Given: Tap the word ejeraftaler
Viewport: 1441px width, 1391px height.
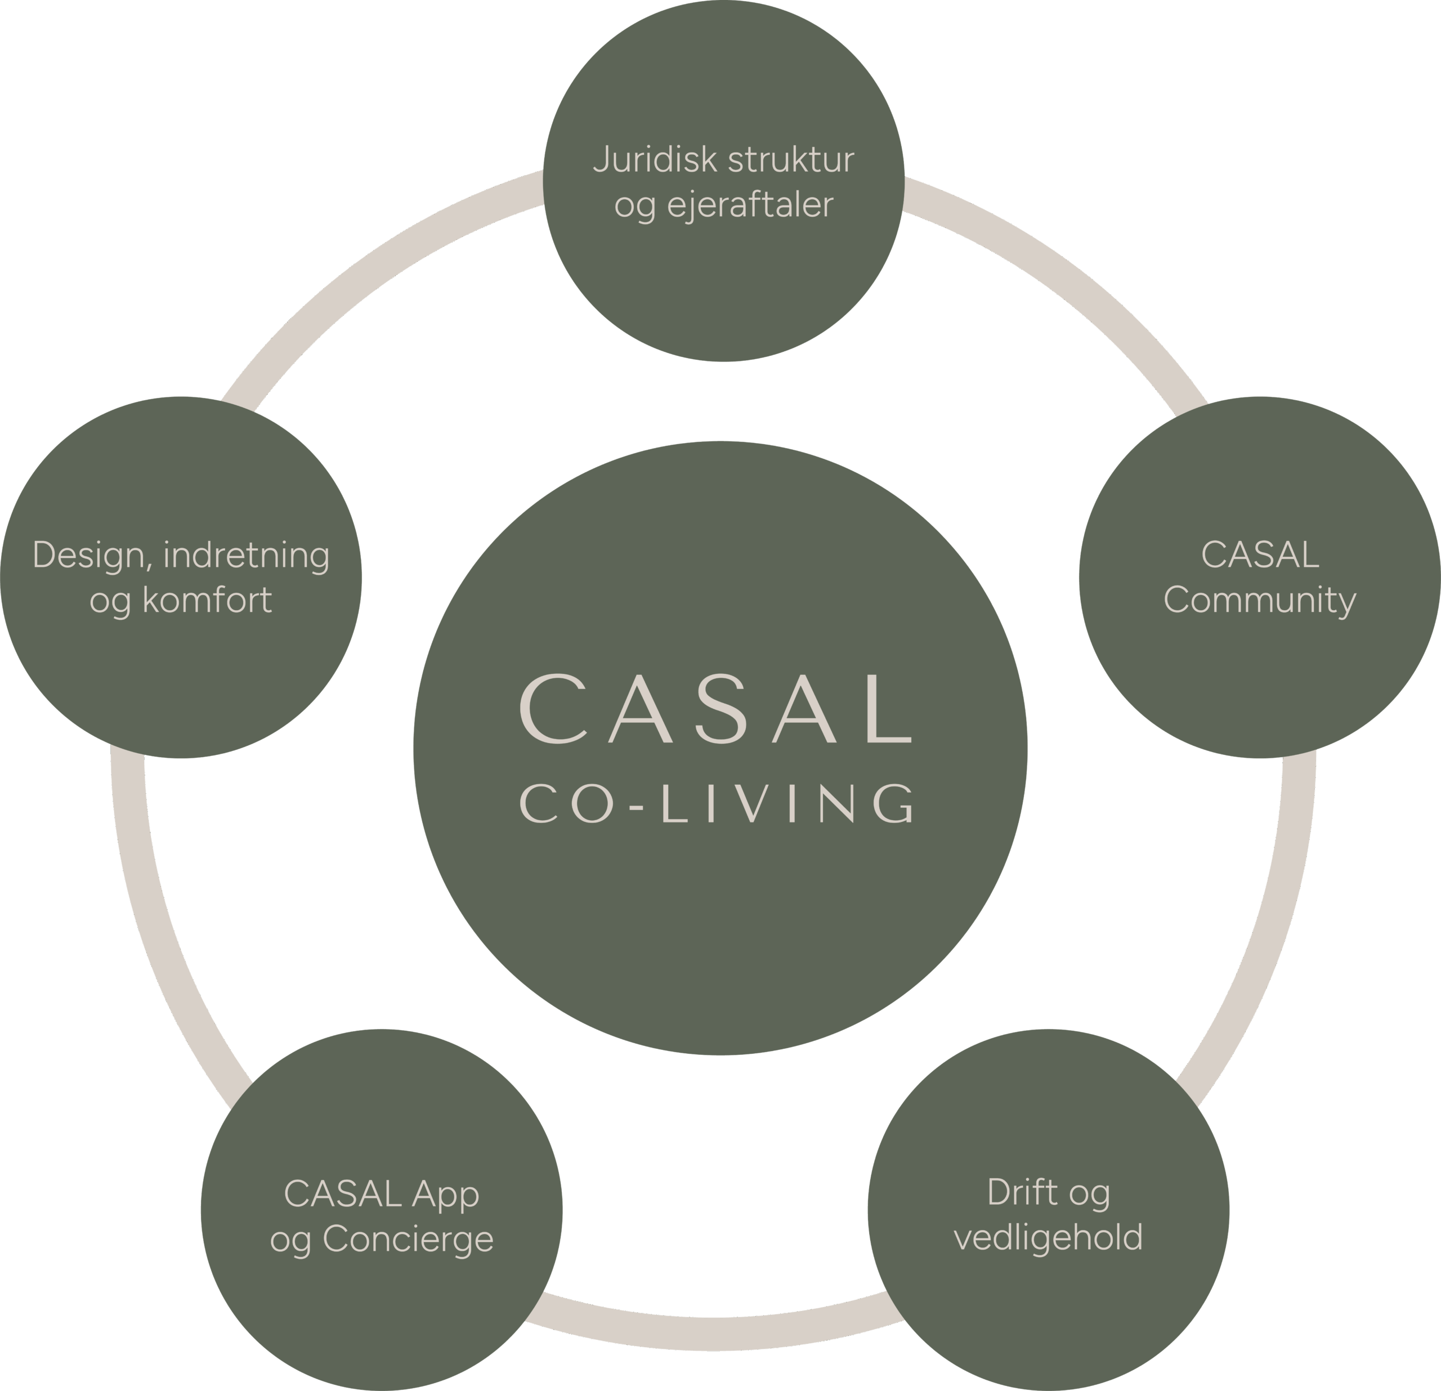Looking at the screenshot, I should (750, 205).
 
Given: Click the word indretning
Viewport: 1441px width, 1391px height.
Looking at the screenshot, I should (247, 555).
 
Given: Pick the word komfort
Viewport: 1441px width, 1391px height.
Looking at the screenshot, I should (207, 601).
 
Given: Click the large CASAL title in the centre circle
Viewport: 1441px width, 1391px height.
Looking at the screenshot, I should (717, 709).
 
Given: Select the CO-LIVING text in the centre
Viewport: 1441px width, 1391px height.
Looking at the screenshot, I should (720, 803).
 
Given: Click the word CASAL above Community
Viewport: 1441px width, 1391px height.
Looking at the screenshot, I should (1259, 555).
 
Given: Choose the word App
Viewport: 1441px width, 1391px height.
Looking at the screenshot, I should (446, 1195).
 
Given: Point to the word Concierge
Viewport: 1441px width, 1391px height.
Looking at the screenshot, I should (408, 1240).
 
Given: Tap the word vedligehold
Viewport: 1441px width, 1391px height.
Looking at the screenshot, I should (1049, 1237).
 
